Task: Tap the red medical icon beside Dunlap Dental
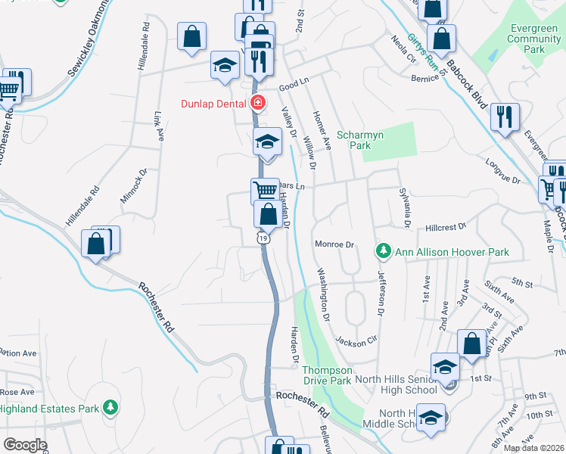(x=258, y=103)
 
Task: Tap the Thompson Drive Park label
(x=327, y=375)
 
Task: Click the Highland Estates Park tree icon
(x=110, y=409)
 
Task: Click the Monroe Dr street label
(x=334, y=244)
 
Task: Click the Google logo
(x=26, y=444)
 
